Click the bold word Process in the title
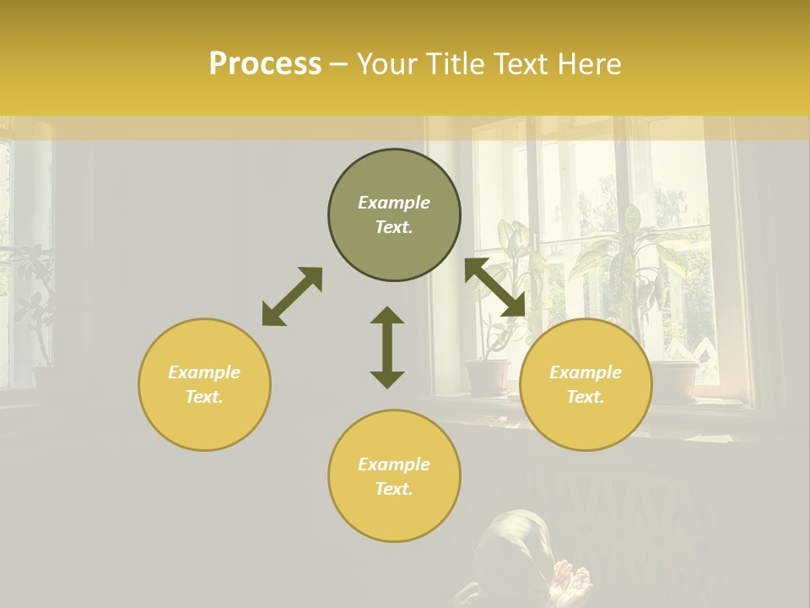(x=265, y=64)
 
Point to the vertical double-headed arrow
(x=387, y=347)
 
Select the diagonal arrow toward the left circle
(x=292, y=296)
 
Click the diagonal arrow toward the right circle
(x=494, y=287)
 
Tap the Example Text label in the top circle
(x=394, y=214)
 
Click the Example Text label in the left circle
(x=204, y=384)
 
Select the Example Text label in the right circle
(x=586, y=384)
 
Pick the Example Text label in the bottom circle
(x=394, y=476)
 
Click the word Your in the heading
(x=386, y=64)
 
